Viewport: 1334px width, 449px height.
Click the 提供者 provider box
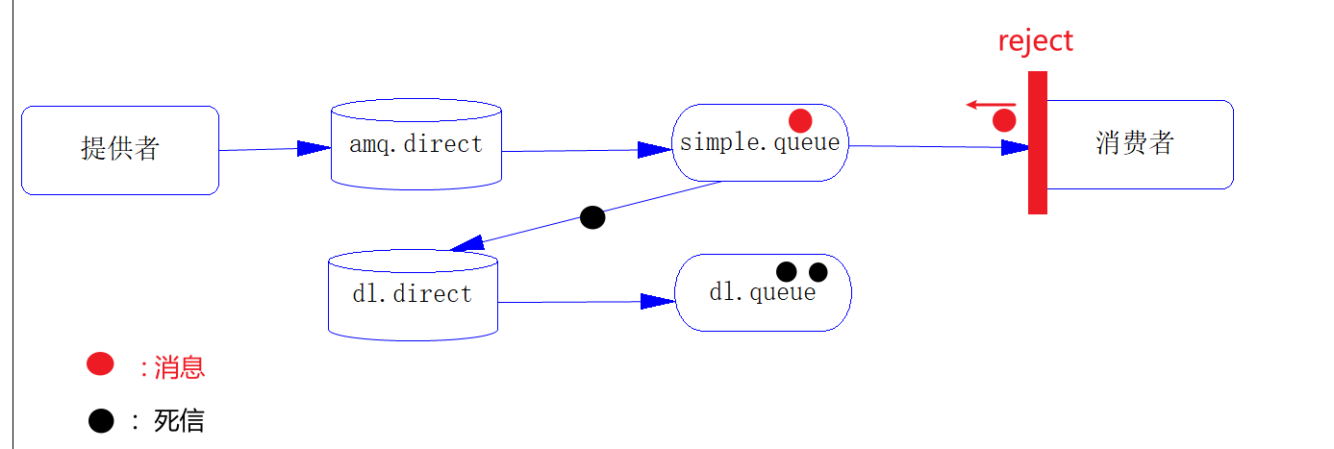[x=120, y=150]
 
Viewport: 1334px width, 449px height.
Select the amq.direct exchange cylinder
[x=416, y=144]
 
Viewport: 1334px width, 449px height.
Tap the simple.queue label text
[x=760, y=143]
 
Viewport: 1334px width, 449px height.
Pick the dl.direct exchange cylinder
[x=413, y=294]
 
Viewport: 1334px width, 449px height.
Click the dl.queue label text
[x=762, y=293]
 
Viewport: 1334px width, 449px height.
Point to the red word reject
[x=1035, y=41]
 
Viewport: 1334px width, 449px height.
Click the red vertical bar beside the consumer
[x=1037, y=142]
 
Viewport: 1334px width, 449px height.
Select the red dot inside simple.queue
[x=800, y=120]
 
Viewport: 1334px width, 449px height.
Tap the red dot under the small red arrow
[x=1004, y=120]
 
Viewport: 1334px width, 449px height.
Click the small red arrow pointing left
[x=991, y=104]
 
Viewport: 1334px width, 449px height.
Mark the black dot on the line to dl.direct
[x=593, y=217]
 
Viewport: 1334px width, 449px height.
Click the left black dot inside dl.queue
[x=787, y=271]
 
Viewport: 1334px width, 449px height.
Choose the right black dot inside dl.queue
[x=818, y=272]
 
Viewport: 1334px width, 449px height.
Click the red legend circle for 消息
[x=100, y=363]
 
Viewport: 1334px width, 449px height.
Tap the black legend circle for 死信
[x=100, y=420]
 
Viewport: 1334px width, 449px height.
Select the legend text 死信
[x=179, y=421]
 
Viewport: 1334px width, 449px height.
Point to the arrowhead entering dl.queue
[x=658, y=301]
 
